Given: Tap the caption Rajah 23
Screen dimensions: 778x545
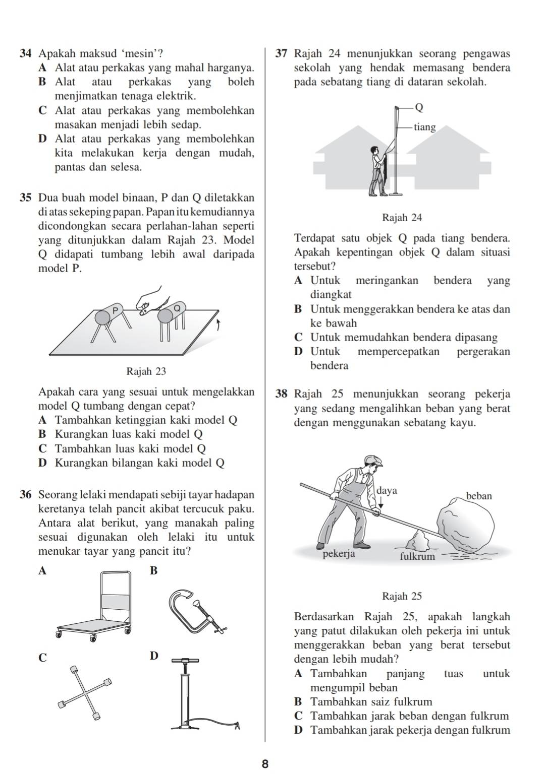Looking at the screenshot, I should click(146, 371).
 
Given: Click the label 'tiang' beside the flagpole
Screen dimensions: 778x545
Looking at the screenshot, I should click(424, 127).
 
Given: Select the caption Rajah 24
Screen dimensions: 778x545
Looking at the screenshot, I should click(402, 218).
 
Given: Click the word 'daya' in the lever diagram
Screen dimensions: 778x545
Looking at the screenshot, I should click(387, 490).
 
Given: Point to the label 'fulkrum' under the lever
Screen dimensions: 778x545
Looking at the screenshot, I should click(417, 557).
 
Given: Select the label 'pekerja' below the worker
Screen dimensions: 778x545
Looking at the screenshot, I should click(339, 554).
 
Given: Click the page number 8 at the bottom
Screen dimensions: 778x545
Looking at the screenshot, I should click(265, 764).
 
